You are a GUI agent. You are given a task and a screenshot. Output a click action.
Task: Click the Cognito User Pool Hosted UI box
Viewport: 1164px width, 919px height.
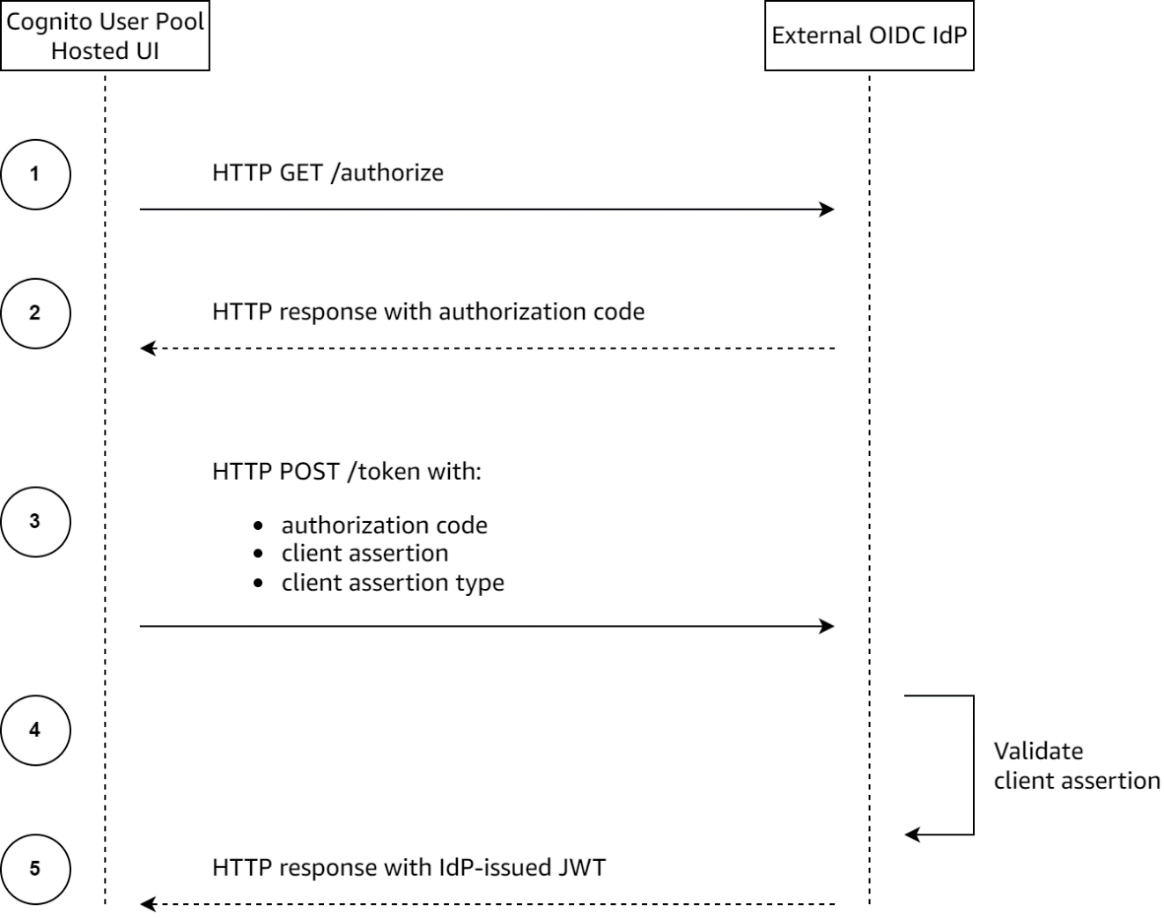105,35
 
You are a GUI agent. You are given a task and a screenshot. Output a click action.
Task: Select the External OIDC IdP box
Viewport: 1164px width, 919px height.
869,36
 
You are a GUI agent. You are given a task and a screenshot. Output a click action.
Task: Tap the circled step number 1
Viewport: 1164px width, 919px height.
35,173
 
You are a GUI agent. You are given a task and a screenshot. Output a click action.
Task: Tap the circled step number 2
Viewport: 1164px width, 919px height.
35,312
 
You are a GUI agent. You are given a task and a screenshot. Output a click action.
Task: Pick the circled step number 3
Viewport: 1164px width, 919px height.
35,521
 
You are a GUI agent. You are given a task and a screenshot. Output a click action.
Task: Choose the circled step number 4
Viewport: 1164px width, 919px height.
35,730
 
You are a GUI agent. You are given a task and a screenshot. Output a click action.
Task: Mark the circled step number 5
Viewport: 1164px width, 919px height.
35,869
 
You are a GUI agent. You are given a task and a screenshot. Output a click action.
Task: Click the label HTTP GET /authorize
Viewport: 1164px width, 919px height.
328,173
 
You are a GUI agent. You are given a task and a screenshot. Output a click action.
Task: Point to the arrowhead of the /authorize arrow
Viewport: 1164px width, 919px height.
828,210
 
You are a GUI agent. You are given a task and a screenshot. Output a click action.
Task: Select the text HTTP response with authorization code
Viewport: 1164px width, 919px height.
428,312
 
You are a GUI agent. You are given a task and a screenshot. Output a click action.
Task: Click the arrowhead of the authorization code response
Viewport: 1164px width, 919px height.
148,349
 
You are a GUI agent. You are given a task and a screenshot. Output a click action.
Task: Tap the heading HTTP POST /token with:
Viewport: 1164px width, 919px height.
347,471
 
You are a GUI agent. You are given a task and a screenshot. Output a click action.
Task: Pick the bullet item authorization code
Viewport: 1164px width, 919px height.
384,526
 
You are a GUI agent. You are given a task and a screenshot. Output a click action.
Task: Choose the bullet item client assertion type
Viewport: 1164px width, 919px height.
393,583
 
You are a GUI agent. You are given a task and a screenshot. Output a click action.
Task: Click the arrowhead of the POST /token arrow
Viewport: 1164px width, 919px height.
828,627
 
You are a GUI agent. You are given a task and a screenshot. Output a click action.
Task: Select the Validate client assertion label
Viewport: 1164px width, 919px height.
1076,766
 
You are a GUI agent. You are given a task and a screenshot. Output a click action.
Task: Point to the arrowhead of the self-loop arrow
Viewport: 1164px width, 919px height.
912,834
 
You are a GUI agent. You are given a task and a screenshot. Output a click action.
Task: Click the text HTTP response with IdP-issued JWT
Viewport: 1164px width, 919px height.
409,868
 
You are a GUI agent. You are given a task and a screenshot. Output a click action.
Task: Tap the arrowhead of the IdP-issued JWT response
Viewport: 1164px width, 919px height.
148,904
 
